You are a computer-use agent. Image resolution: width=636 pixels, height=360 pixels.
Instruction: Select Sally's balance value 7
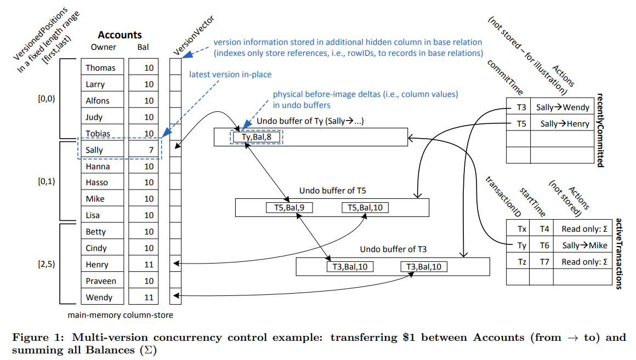[x=149, y=150]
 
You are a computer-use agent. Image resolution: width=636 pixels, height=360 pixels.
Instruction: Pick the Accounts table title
[x=120, y=35]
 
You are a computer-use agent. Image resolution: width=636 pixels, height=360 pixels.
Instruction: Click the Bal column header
[x=143, y=47]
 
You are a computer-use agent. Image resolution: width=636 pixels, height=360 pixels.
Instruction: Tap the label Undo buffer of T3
[x=393, y=249]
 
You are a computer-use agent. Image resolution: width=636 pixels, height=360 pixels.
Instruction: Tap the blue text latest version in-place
[x=230, y=75]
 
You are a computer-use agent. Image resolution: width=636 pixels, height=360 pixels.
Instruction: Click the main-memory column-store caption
[x=120, y=315]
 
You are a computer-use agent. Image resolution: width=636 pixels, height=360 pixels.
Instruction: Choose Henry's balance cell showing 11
[x=149, y=265]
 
